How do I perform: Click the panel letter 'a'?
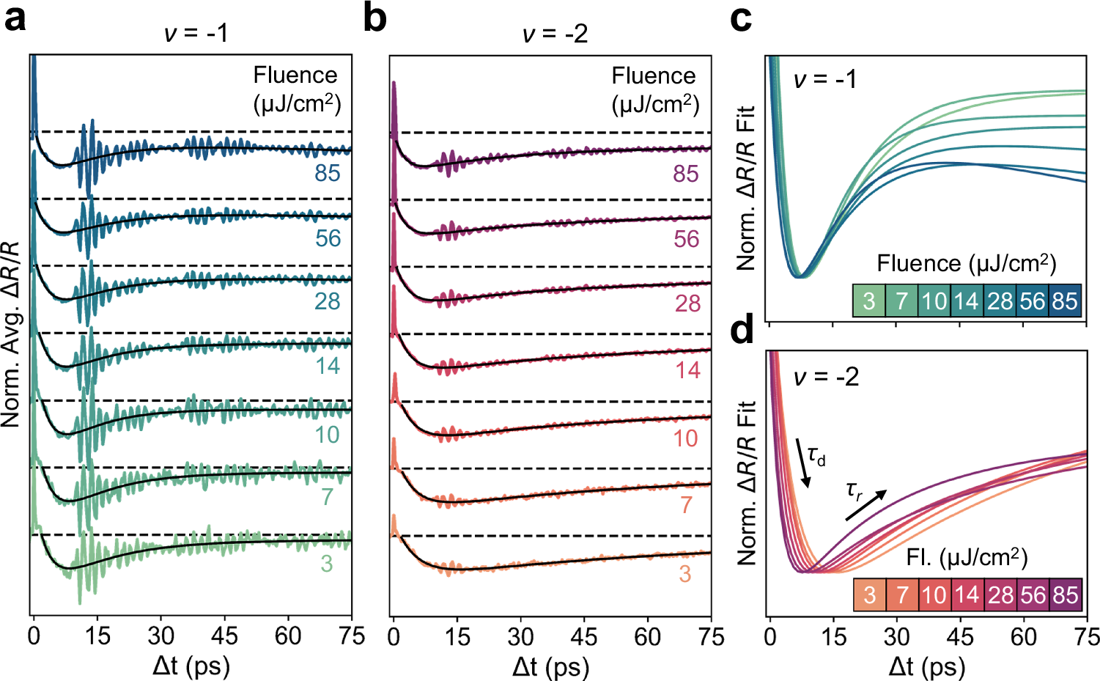15,18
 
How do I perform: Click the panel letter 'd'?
742,331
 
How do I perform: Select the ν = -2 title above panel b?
555,34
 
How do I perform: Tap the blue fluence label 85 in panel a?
328,173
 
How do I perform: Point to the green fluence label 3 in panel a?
326,564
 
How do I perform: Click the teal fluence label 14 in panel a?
328,366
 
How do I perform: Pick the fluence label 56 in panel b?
686,239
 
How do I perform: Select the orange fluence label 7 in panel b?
686,505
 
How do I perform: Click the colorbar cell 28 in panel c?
1000,301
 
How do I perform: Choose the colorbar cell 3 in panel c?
869,301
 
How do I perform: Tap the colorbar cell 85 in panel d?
1065,595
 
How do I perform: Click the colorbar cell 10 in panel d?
934,595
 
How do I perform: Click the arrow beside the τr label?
866,505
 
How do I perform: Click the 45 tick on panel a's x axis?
224,636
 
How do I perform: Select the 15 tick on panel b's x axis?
457,636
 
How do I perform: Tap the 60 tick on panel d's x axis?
1023,636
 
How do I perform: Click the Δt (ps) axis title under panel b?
550,666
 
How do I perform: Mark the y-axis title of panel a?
11,334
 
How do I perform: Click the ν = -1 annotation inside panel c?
824,78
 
